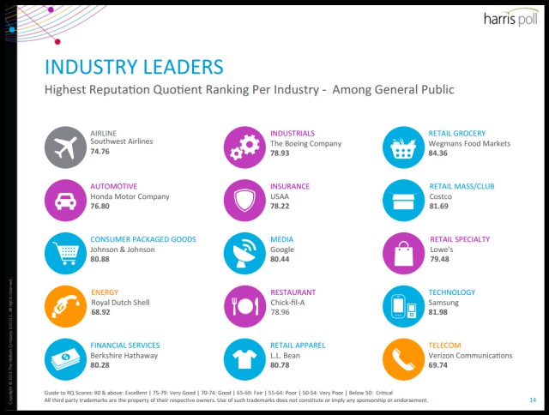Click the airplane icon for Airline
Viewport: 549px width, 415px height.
(x=65, y=146)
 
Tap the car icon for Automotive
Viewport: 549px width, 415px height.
(x=65, y=199)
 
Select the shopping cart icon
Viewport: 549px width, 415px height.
(x=65, y=252)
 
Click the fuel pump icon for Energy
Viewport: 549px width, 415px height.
(x=65, y=305)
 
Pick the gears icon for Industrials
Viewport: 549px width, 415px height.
(x=244, y=146)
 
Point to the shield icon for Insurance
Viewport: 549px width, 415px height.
(x=244, y=199)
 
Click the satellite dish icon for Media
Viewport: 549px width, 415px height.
(x=244, y=252)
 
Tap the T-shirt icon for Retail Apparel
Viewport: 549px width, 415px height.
(x=244, y=358)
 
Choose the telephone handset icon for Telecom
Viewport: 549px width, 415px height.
(x=403, y=358)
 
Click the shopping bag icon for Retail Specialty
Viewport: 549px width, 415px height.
(x=403, y=252)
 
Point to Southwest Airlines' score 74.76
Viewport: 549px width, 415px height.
(x=100, y=152)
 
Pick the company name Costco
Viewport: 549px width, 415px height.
(x=440, y=196)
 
